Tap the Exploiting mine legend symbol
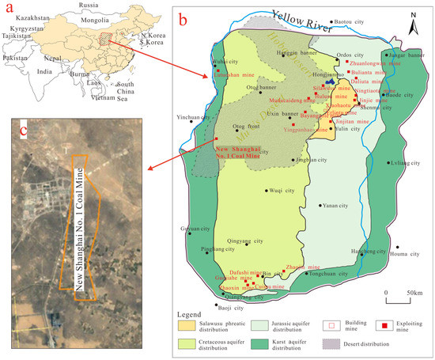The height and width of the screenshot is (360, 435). pos(381,324)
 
